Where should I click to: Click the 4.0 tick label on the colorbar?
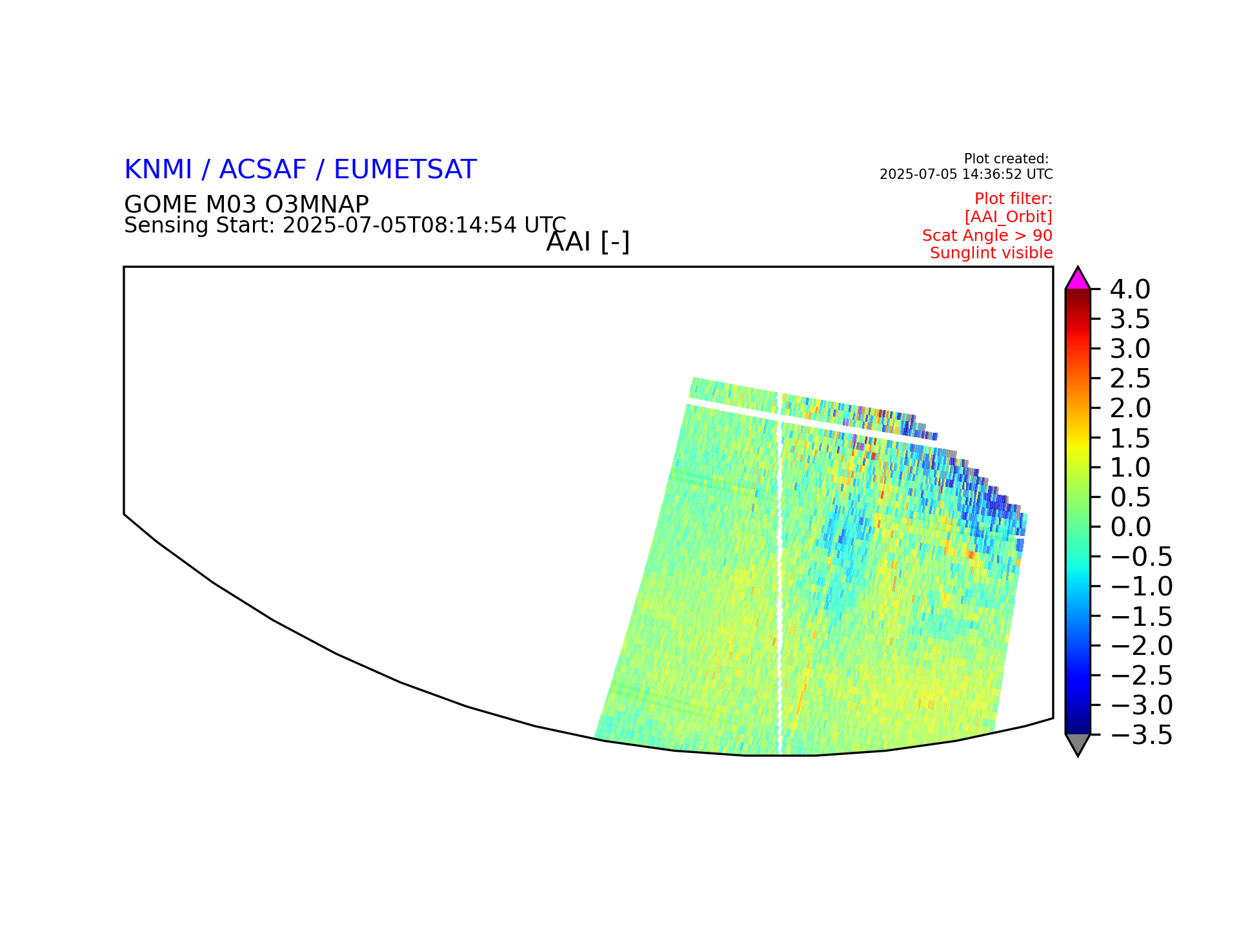pos(1130,290)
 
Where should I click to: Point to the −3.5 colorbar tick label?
pos(1142,735)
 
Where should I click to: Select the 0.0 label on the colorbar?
pos(1130,527)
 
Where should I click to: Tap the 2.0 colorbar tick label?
pos(1130,408)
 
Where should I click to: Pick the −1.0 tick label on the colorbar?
pos(1142,586)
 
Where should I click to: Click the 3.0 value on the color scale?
pos(1130,349)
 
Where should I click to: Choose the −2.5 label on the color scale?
pos(1142,676)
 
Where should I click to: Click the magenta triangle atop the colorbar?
pos(1078,280)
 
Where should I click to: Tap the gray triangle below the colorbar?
pos(1078,743)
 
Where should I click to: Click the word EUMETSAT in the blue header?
pos(405,169)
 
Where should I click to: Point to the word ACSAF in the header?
pos(263,169)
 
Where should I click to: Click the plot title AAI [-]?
pos(588,242)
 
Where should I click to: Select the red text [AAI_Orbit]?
pos(1009,217)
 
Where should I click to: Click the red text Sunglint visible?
pos(991,253)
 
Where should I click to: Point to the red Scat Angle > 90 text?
pos(987,235)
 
